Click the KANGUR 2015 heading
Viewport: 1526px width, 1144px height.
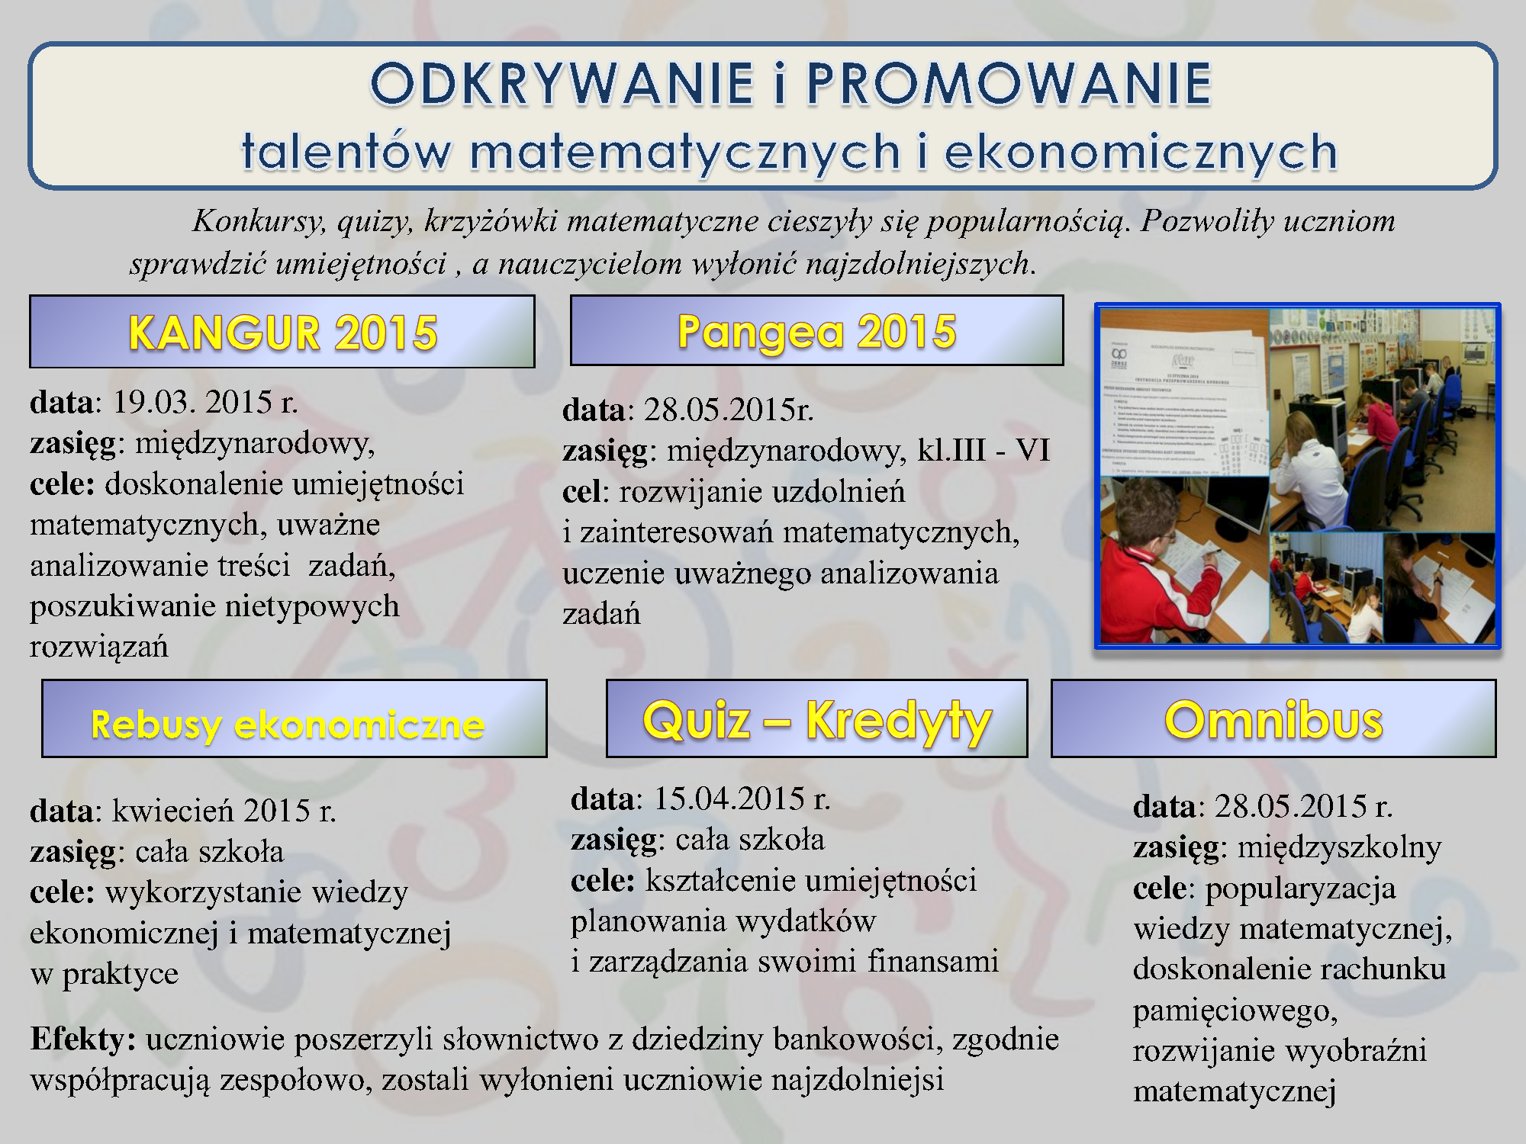(x=282, y=333)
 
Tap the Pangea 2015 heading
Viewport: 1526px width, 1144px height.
(x=816, y=332)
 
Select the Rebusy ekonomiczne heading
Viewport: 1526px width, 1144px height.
(x=288, y=724)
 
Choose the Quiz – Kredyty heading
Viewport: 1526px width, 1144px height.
(x=817, y=721)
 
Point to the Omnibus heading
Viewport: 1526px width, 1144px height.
(x=1273, y=720)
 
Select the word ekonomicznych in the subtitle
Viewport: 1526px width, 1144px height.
(x=1141, y=151)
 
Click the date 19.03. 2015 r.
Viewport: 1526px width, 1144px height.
(x=205, y=402)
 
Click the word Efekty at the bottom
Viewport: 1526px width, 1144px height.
(x=82, y=1040)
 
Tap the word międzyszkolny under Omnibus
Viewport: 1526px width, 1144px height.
(x=1339, y=848)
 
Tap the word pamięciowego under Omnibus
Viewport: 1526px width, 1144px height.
(x=1235, y=1011)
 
